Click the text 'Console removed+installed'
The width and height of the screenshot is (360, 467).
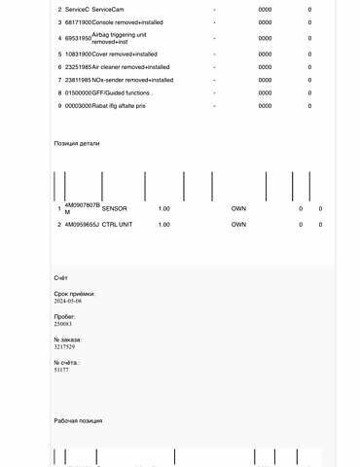[x=126, y=21]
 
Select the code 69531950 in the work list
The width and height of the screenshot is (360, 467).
[x=78, y=38]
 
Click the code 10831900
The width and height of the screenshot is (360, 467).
[x=78, y=54]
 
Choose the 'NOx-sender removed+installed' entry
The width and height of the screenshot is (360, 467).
[x=132, y=80]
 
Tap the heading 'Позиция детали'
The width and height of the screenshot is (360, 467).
[x=77, y=143]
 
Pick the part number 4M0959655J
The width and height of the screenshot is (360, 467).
[x=82, y=225]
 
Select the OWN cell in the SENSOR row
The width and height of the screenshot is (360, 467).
[x=238, y=209]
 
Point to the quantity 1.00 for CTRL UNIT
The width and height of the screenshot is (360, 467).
[x=163, y=225]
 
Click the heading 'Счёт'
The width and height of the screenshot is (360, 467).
[x=61, y=278]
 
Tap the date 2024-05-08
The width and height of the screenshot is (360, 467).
[x=68, y=302]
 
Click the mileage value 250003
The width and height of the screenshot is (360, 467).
[x=64, y=324]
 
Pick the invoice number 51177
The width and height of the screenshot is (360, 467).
[x=61, y=370]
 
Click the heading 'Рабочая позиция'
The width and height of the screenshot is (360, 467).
[x=78, y=420]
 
